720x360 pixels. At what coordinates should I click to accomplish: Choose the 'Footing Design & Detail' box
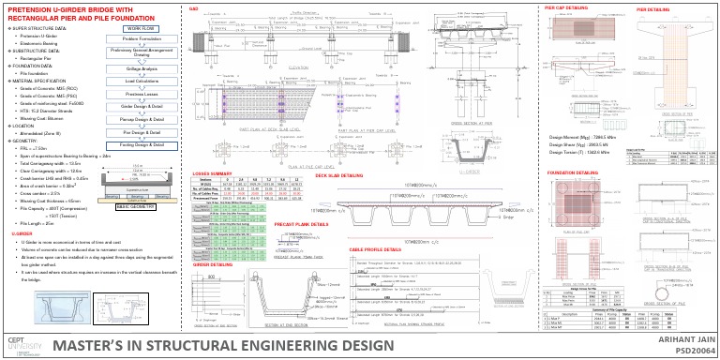click(x=144, y=145)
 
